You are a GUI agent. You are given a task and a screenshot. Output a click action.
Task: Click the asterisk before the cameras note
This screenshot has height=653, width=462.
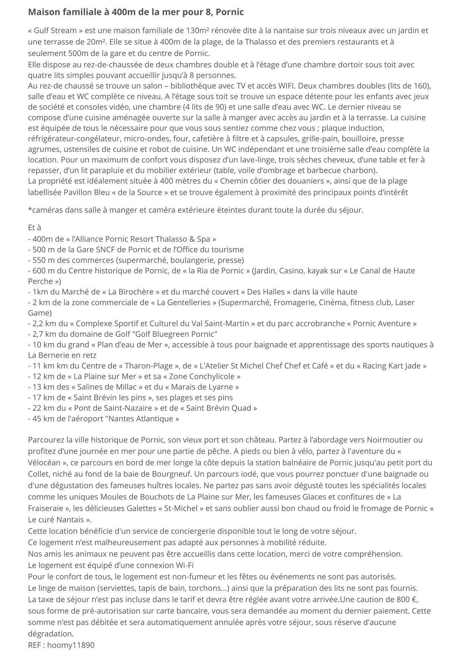click(x=30, y=209)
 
